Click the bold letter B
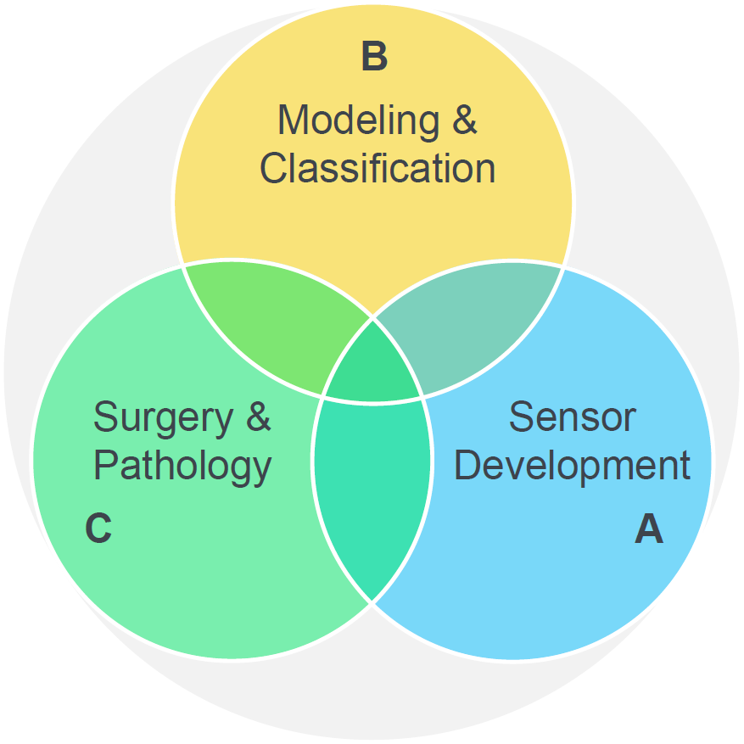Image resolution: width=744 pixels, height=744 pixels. pyautogui.click(x=374, y=56)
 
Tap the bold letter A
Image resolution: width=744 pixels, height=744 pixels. pyautogui.click(x=649, y=529)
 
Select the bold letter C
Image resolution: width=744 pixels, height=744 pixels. pyautogui.click(x=98, y=528)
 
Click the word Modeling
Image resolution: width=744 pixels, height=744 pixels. pyautogui.click(x=359, y=120)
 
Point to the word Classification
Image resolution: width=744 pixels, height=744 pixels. pyautogui.click(x=378, y=168)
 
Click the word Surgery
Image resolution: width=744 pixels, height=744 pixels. pyautogui.click(x=164, y=418)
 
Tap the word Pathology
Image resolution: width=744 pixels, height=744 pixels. pyautogui.click(x=182, y=467)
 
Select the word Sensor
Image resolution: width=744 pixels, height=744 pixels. pyautogui.click(x=573, y=417)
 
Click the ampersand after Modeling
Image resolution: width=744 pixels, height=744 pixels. pyautogui.click(x=465, y=120)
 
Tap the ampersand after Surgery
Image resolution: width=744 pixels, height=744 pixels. pyautogui.click(x=259, y=417)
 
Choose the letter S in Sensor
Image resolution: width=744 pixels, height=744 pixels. pyautogui.click(x=523, y=417)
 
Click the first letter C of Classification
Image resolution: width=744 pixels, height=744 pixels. pyautogui.click(x=274, y=168)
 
